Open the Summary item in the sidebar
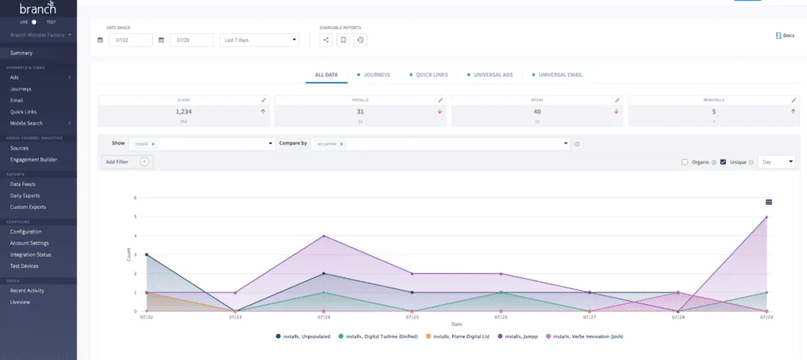pyautogui.click(x=21, y=53)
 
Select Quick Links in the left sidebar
pyautogui.click(x=23, y=112)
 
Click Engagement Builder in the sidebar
pyautogui.click(x=33, y=159)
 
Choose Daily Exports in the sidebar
pyautogui.click(x=24, y=195)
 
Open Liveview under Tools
pyautogui.click(x=21, y=302)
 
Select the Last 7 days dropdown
pyautogui.click(x=259, y=39)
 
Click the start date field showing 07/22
pyautogui.click(x=130, y=39)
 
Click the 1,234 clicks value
pyautogui.click(x=184, y=112)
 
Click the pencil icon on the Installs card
pyautogui.click(x=441, y=101)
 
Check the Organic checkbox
pyautogui.click(x=685, y=161)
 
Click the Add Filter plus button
pyautogui.click(x=144, y=161)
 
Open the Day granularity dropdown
pyautogui.click(x=777, y=161)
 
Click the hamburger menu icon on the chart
pyautogui.click(x=768, y=202)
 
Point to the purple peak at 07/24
pyautogui.click(x=324, y=236)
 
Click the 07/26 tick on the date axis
pyautogui.click(x=500, y=317)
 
